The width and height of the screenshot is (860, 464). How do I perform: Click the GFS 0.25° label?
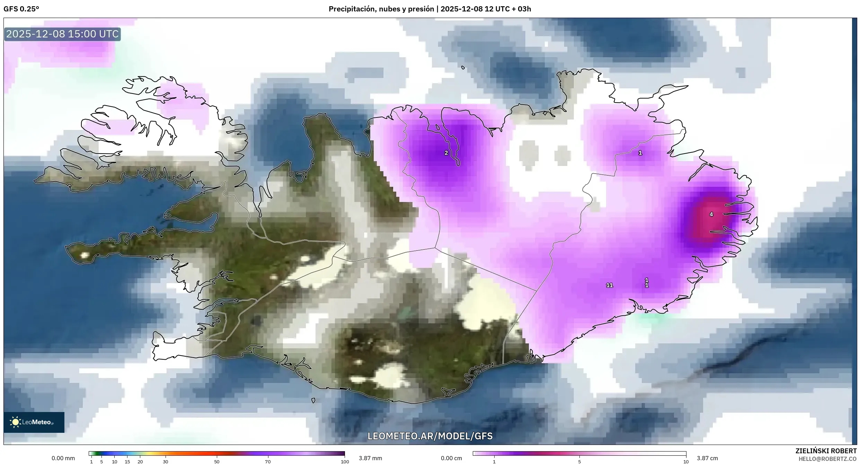tap(21, 9)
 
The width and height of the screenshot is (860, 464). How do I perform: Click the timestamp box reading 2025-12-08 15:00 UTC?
tap(62, 34)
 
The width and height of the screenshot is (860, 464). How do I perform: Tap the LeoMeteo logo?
tap(34, 422)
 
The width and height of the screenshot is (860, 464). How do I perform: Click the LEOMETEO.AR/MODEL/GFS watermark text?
tap(430, 436)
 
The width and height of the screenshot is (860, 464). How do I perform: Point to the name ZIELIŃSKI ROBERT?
tap(826, 451)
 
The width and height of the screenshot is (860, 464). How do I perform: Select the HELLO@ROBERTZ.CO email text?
tap(827, 459)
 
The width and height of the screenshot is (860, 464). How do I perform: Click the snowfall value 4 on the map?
tap(711, 215)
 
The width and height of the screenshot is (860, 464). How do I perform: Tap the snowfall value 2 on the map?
tap(446, 153)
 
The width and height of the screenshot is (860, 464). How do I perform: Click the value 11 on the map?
tap(610, 285)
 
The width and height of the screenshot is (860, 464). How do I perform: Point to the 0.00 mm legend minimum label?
tap(63, 458)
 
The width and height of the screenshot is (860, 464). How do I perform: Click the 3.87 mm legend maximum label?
tap(370, 458)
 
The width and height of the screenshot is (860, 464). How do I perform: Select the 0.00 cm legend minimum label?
tap(451, 458)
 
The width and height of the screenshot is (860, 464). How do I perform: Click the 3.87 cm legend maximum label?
tap(707, 458)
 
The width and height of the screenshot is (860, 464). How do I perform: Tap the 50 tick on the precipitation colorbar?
tap(217, 462)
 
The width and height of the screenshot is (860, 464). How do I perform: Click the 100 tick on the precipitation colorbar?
tap(345, 462)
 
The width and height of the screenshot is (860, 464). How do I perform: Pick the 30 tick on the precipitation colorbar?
tap(166, 462)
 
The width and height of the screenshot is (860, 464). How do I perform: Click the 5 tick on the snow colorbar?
tap(579, 462)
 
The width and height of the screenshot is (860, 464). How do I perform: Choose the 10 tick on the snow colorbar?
tap(686, 462)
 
